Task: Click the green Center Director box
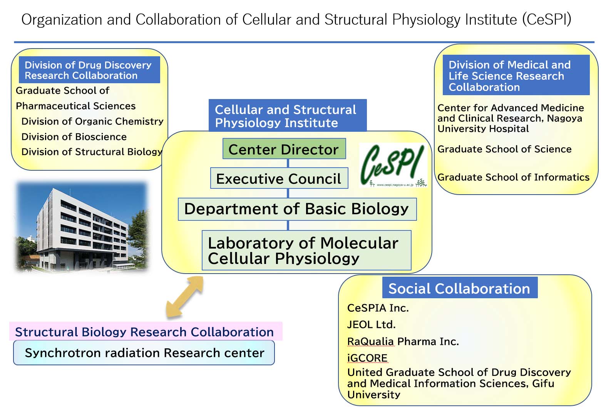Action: pos(284,148)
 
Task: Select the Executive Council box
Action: pos(279,178)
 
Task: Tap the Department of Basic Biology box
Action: pos(297,209)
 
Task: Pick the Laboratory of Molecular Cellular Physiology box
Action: pos(306,250)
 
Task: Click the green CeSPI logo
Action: pos(393,165)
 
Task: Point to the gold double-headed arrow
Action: pos(184,297)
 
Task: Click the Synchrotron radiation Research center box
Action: pos(144,353)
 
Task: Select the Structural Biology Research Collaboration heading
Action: pos(144,332)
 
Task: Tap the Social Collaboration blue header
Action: pos(460,288)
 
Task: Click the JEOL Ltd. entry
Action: pos(371,324)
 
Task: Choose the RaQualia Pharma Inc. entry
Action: pos(403,341)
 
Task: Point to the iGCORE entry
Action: pos(367,358)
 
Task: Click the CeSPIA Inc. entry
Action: pos(378,308)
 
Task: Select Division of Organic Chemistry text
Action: pos(92,121)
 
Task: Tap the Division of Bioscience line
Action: pos(74,137)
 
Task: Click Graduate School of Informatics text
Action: pos(513,177)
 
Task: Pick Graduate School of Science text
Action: pos(504,149)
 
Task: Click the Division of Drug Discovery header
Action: pos(89,70)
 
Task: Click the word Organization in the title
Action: pos(62,20)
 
